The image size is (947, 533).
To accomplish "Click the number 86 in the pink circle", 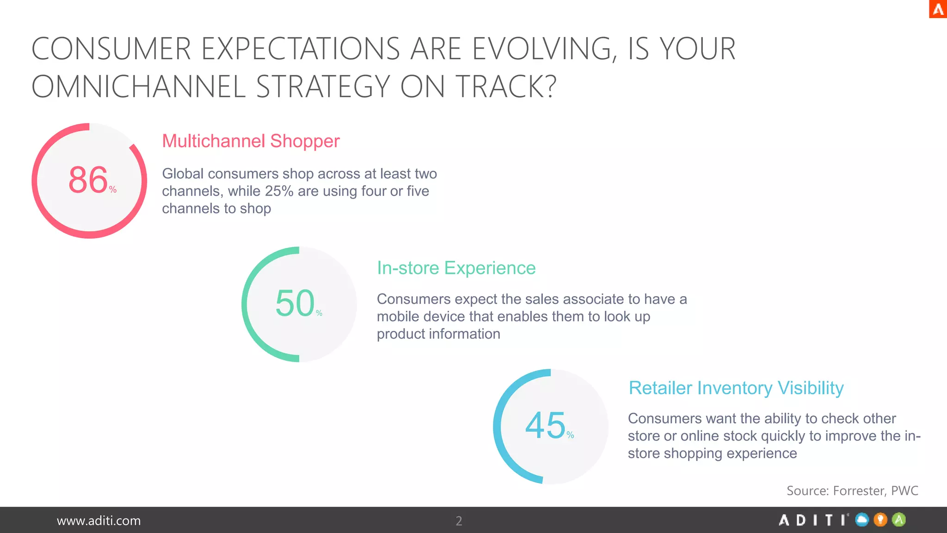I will coord(88,180).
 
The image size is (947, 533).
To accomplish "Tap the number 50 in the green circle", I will coord(295,304).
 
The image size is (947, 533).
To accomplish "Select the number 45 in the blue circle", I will coord(545,426).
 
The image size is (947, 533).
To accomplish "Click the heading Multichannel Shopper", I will coord(251,141).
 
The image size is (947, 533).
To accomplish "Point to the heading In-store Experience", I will coord(456,268).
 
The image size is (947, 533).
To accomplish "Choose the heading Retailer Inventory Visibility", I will coord(736,388).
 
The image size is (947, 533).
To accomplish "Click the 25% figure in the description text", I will coord(279,191).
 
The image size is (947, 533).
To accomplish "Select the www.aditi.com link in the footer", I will coord(98,521).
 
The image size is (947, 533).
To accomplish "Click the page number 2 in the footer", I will coord(459,521).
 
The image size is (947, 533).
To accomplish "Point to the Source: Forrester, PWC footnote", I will coord(852,490).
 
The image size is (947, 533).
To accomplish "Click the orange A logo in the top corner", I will coord(938,9).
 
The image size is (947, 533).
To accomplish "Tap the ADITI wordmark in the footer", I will coord(813,520).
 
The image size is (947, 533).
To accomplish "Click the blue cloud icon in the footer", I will coord(862,520).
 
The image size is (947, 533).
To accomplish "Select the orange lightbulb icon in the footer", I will coord(880,520).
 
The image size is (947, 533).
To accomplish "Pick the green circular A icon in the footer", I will coord(899,520).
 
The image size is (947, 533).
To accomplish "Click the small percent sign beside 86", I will coord(113,190).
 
